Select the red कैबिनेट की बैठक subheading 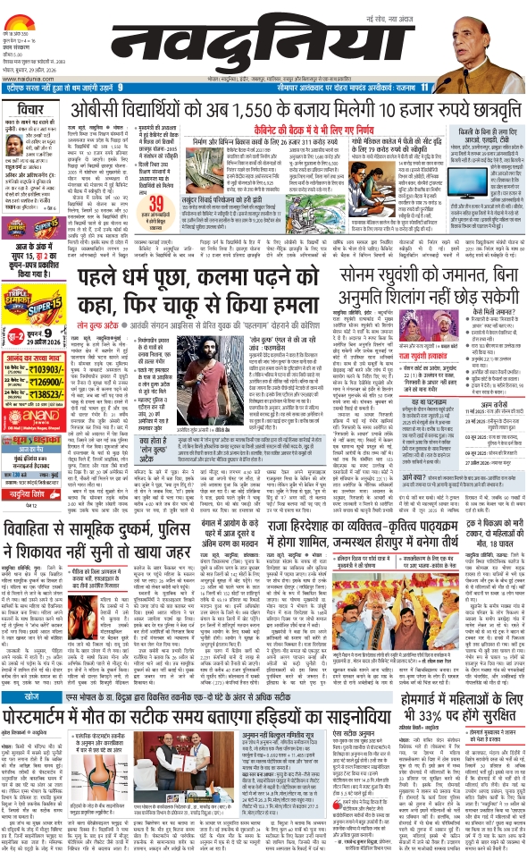pyautogui.click(x=314, y=129)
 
